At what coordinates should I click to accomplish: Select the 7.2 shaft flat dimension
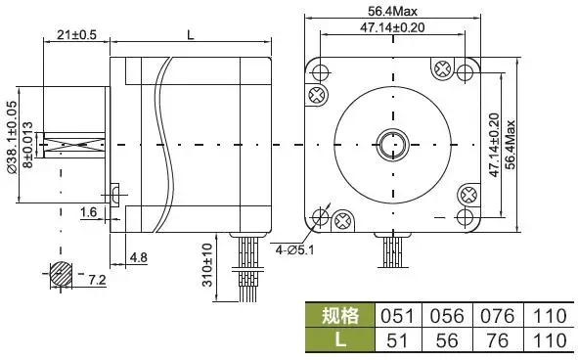point(97,280)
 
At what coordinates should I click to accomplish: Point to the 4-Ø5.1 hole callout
point(294,247)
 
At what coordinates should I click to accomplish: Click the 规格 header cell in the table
point(340,316)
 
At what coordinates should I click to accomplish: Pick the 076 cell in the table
point(497,316)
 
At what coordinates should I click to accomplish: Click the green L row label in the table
point(340,340)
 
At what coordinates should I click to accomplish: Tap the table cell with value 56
point(444,340)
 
